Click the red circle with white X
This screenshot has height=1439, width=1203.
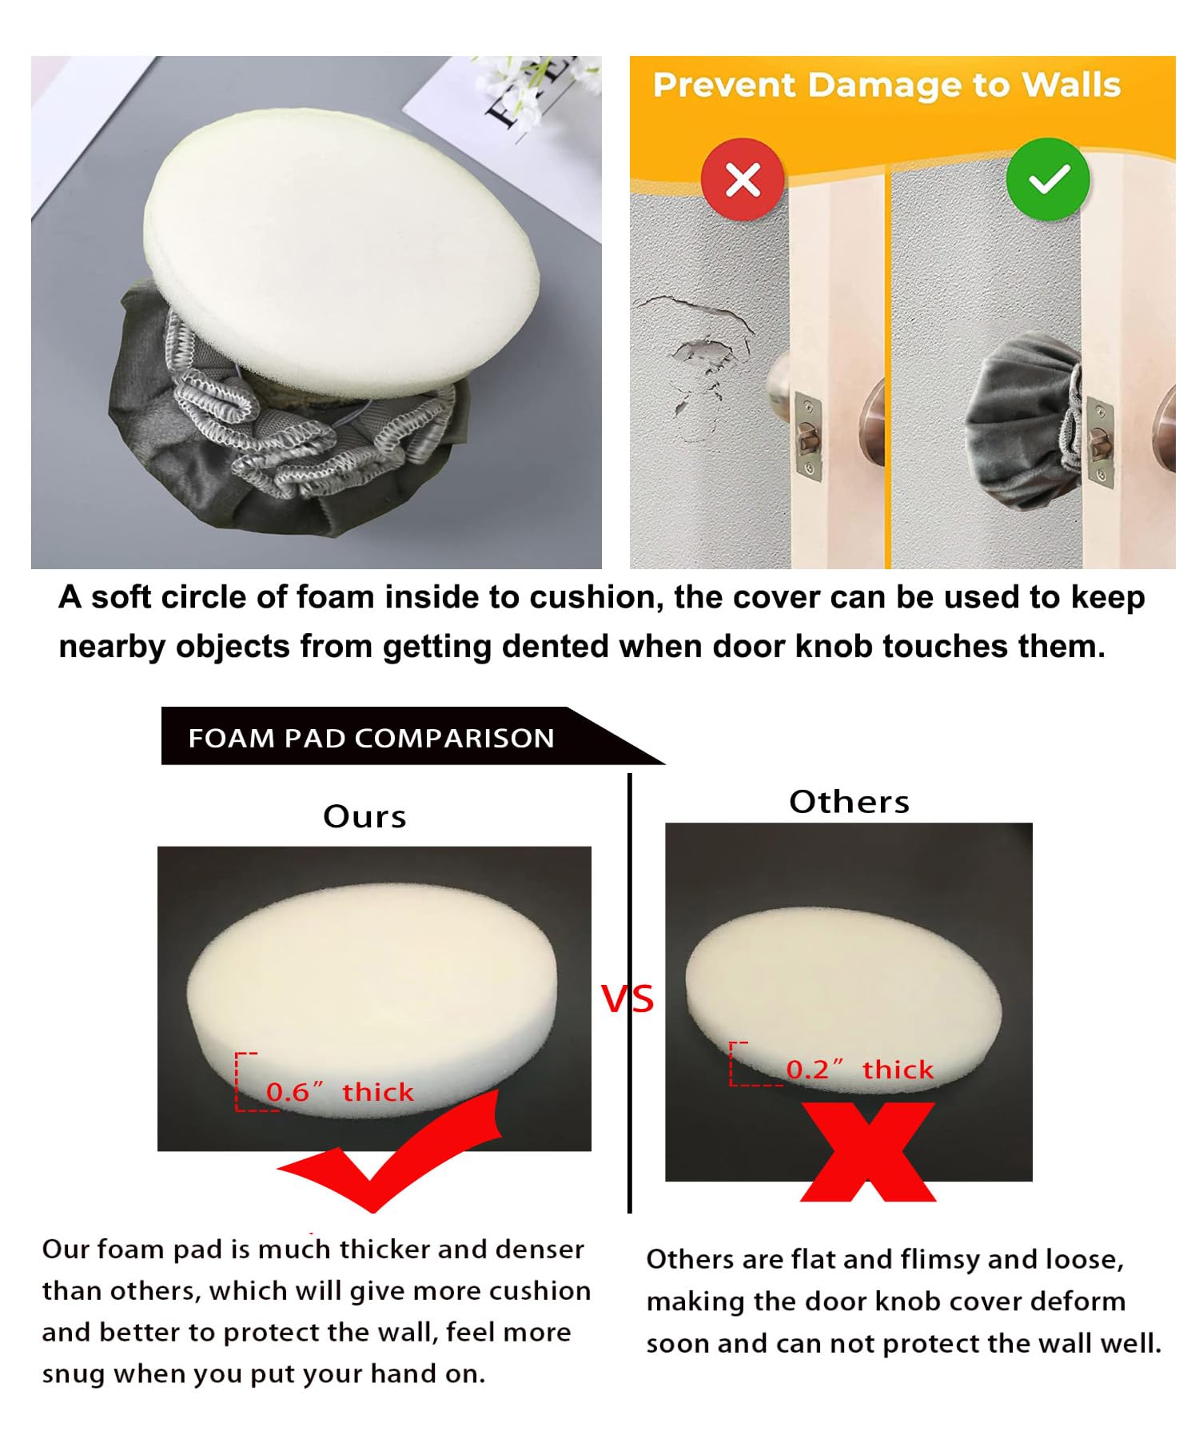[x=743, y=179]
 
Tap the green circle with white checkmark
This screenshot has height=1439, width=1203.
[x=1048, y=179]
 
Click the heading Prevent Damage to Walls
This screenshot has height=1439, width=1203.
[x=886, y=86]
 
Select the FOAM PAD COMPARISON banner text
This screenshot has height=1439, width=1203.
[x=371, y=737]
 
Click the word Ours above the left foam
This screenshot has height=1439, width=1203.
[x=364, y=816]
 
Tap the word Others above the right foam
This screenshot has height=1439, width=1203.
[x=849, y=802]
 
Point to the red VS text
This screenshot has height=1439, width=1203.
[x=628, y=999]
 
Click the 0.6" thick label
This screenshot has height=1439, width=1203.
[x=340, y=1092]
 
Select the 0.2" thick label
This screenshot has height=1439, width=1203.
[x=860, y=1070]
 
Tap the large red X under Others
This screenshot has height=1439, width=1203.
[x=868, y=1151]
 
